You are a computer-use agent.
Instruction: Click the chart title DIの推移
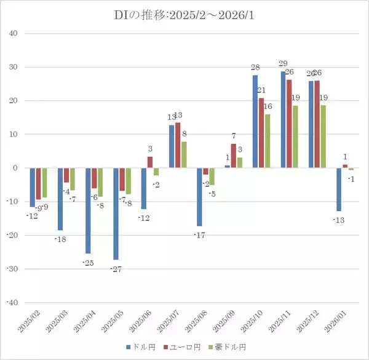[184, 14]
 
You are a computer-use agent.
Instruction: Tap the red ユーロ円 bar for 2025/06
[150, 162]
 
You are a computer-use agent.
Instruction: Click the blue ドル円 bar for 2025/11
[284, 119]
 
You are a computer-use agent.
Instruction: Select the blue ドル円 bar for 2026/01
[340, 189]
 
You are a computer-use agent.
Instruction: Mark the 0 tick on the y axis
[15, 168]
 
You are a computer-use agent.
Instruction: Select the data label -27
[116, 270]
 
